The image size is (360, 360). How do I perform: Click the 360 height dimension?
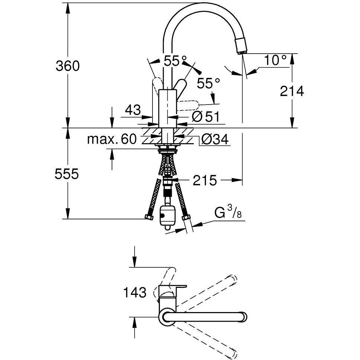point(68,66)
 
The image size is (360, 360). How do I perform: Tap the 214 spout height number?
point(292,91)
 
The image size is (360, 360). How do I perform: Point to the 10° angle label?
point(276,60)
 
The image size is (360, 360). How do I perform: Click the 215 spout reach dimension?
point(205,180)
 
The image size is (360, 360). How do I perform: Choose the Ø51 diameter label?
point(206,117)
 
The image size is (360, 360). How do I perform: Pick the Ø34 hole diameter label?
point(215,139)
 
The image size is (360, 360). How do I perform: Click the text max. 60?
point(112,139)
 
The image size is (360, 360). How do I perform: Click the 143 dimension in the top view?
point(135,292)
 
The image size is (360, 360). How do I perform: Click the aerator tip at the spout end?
point(241,46)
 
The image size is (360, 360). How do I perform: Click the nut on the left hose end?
point(149,217)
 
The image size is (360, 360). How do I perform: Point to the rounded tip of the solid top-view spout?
point(243,318)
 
